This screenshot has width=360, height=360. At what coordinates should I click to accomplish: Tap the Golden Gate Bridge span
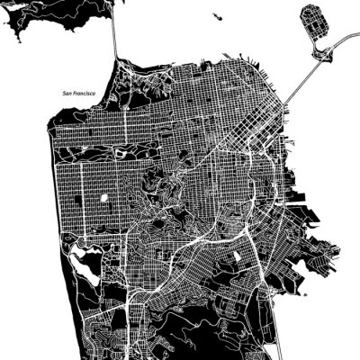pyautogui.click(x=115, y=36)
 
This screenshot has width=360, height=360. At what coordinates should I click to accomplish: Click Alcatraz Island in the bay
pyautogui.click(x=217, y=15)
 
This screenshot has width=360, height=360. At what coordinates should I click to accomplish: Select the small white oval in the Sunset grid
pyautogui.click(x=104, y=197)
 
